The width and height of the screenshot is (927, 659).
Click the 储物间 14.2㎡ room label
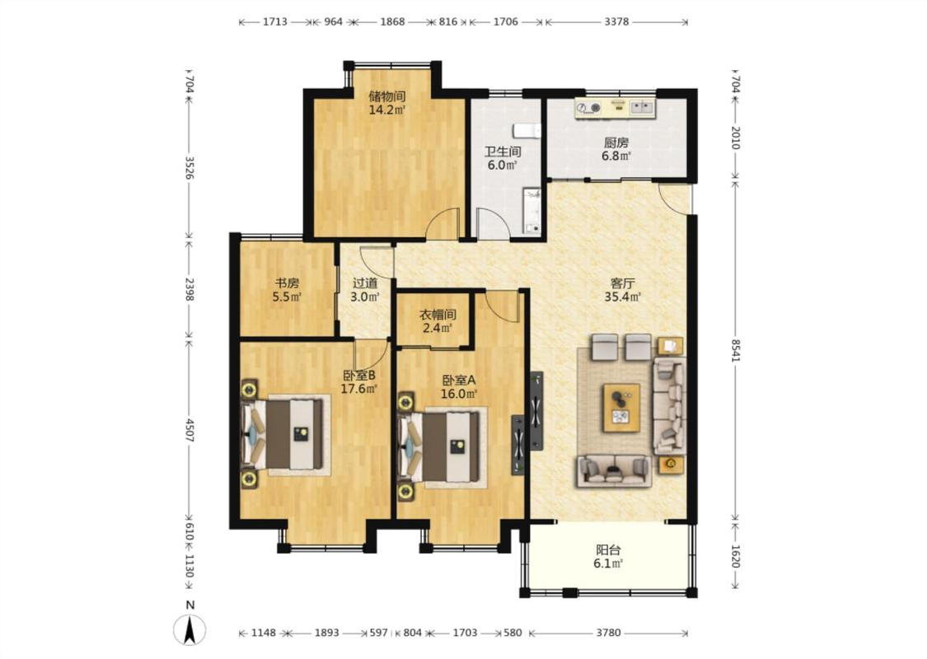point(387,103)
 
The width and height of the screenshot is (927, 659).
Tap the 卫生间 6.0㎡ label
point(503,158)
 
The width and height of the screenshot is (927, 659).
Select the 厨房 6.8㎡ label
point(616,150)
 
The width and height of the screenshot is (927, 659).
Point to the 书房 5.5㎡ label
point(287,290)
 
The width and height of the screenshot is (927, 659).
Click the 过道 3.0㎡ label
point(365,290)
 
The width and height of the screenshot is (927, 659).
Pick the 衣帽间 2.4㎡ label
point(438,321)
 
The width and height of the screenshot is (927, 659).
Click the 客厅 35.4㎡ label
point(623,290)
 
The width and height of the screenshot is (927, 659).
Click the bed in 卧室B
point(284,434)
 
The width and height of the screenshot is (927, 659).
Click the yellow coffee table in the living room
point(620,408)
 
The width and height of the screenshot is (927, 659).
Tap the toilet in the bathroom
point(527,130)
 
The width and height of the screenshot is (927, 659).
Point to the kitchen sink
point(642,107)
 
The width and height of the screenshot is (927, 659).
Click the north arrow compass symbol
point(190,629)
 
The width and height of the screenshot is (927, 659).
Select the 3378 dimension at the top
point(616,22)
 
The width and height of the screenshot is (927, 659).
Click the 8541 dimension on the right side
point(735,350)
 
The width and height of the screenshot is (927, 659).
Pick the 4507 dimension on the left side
point(190,431)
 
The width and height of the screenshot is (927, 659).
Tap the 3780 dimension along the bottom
point(608,633)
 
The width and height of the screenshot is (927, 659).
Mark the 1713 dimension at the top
point(275,22)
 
